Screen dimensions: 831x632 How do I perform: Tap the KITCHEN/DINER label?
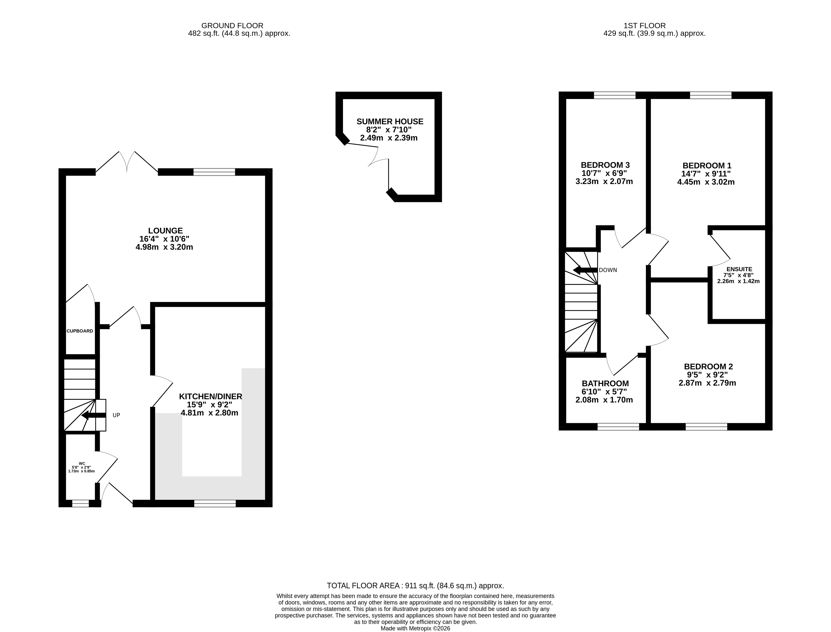tap(210, 396)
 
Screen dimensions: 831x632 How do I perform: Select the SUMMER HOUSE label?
tap(390, 121)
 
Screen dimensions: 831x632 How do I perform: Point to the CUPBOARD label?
tap(80, 331)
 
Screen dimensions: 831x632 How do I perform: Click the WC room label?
tap(82, 463)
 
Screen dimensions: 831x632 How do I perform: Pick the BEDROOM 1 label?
tap(707, 166)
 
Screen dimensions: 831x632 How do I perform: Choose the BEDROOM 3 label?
tap(605, 165)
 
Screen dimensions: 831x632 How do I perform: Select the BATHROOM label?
tap(605, 383)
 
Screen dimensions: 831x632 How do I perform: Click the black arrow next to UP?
tap(94, 415)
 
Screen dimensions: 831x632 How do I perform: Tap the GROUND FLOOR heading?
tap(232, 26)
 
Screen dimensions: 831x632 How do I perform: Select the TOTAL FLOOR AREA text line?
tap(415, 585)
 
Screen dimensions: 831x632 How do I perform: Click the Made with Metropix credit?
tap(415, 628)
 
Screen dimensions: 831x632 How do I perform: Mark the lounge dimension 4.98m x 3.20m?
tap(164, 247)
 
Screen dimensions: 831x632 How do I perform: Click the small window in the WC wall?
tap(81, 503)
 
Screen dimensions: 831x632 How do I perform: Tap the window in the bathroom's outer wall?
tap(618, 427)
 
